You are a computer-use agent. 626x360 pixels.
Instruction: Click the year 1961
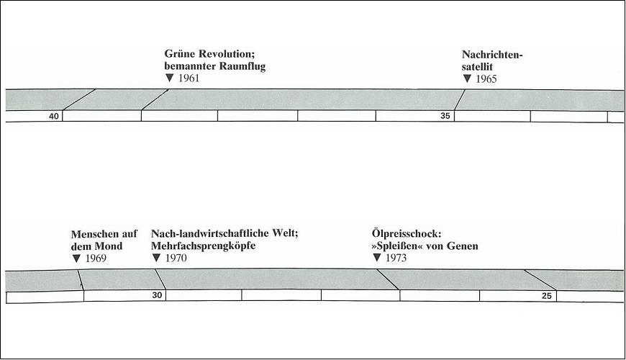point(189,78)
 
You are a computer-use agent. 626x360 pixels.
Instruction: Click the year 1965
point(486,78)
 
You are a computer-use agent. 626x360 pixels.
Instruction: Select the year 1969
point(96,258)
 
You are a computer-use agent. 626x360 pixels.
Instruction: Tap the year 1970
point(176,258)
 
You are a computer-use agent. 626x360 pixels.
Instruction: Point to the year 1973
point(396,258)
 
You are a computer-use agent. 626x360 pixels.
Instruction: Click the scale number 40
point(53,116)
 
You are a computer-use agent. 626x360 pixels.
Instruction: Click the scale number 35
point(445,116)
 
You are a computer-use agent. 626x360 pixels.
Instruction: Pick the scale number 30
point(158,295)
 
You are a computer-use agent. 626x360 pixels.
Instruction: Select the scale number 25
point(547,296)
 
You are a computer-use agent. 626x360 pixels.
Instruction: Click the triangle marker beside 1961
point(170,78)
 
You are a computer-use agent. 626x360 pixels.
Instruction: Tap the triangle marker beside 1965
point(467,78)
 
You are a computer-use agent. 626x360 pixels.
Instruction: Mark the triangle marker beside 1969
point(77,258)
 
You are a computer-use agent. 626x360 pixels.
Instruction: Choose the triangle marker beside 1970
point(157,258)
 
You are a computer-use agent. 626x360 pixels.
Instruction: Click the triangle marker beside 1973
point(377,258)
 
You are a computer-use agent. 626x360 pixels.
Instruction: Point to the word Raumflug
point(243,66)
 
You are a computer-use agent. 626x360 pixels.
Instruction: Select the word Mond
point(110,246)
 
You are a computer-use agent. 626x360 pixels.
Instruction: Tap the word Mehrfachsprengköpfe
point(203,246)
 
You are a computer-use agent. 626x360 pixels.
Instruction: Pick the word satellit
point(477,67)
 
